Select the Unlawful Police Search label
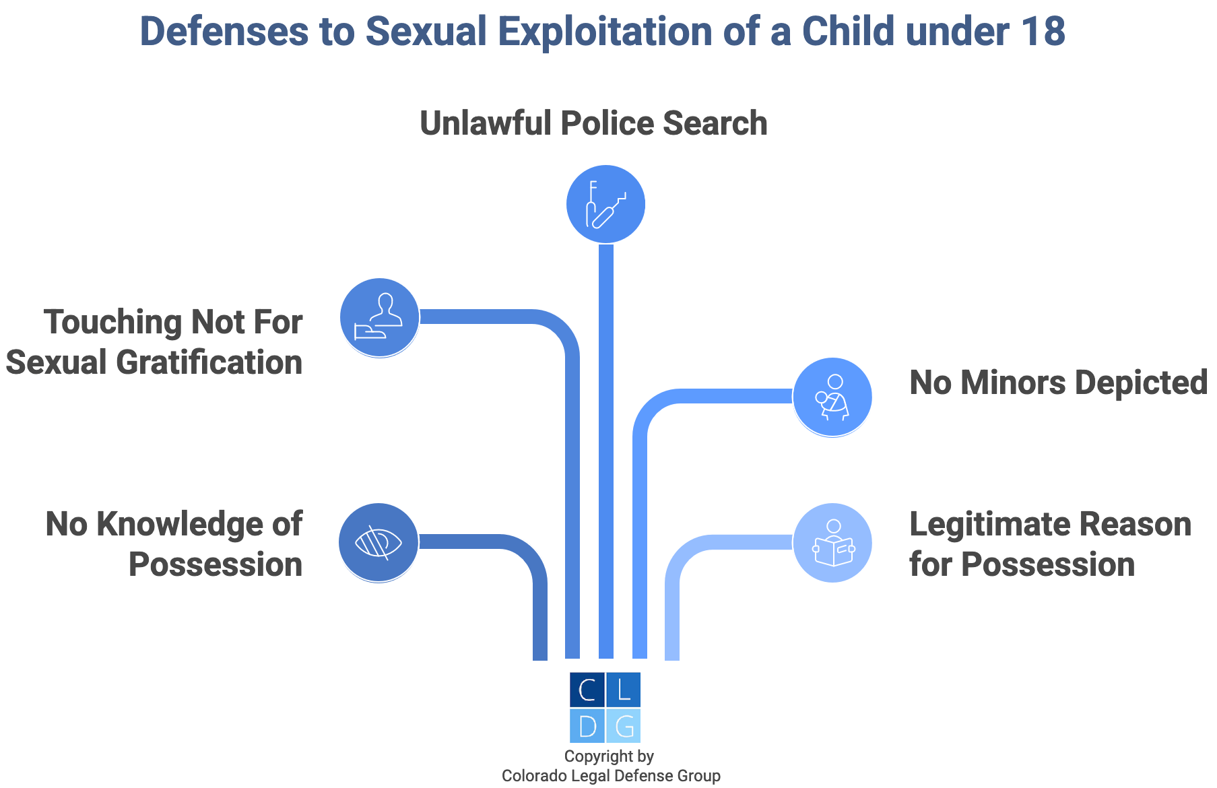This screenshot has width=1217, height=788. (x=593, y=124)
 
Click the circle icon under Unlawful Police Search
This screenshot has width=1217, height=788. (x=605, y=204)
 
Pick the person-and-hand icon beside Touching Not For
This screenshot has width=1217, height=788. (x=380, y=317)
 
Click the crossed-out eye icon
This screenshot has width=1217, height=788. (x=379, y=542)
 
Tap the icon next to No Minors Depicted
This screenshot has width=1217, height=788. (x=832, y=397)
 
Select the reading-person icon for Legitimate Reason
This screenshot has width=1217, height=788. (x=832, y=543)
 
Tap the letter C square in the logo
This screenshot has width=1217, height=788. (x=587, y=690)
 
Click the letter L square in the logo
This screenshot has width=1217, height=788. (x=624, y=690)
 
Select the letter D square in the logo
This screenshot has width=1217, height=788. (x=587, y=726)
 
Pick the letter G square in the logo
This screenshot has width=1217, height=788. (x=624, y=726)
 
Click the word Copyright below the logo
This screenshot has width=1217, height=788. (x=593, y=756)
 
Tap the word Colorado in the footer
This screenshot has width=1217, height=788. (x=535, y=776)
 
